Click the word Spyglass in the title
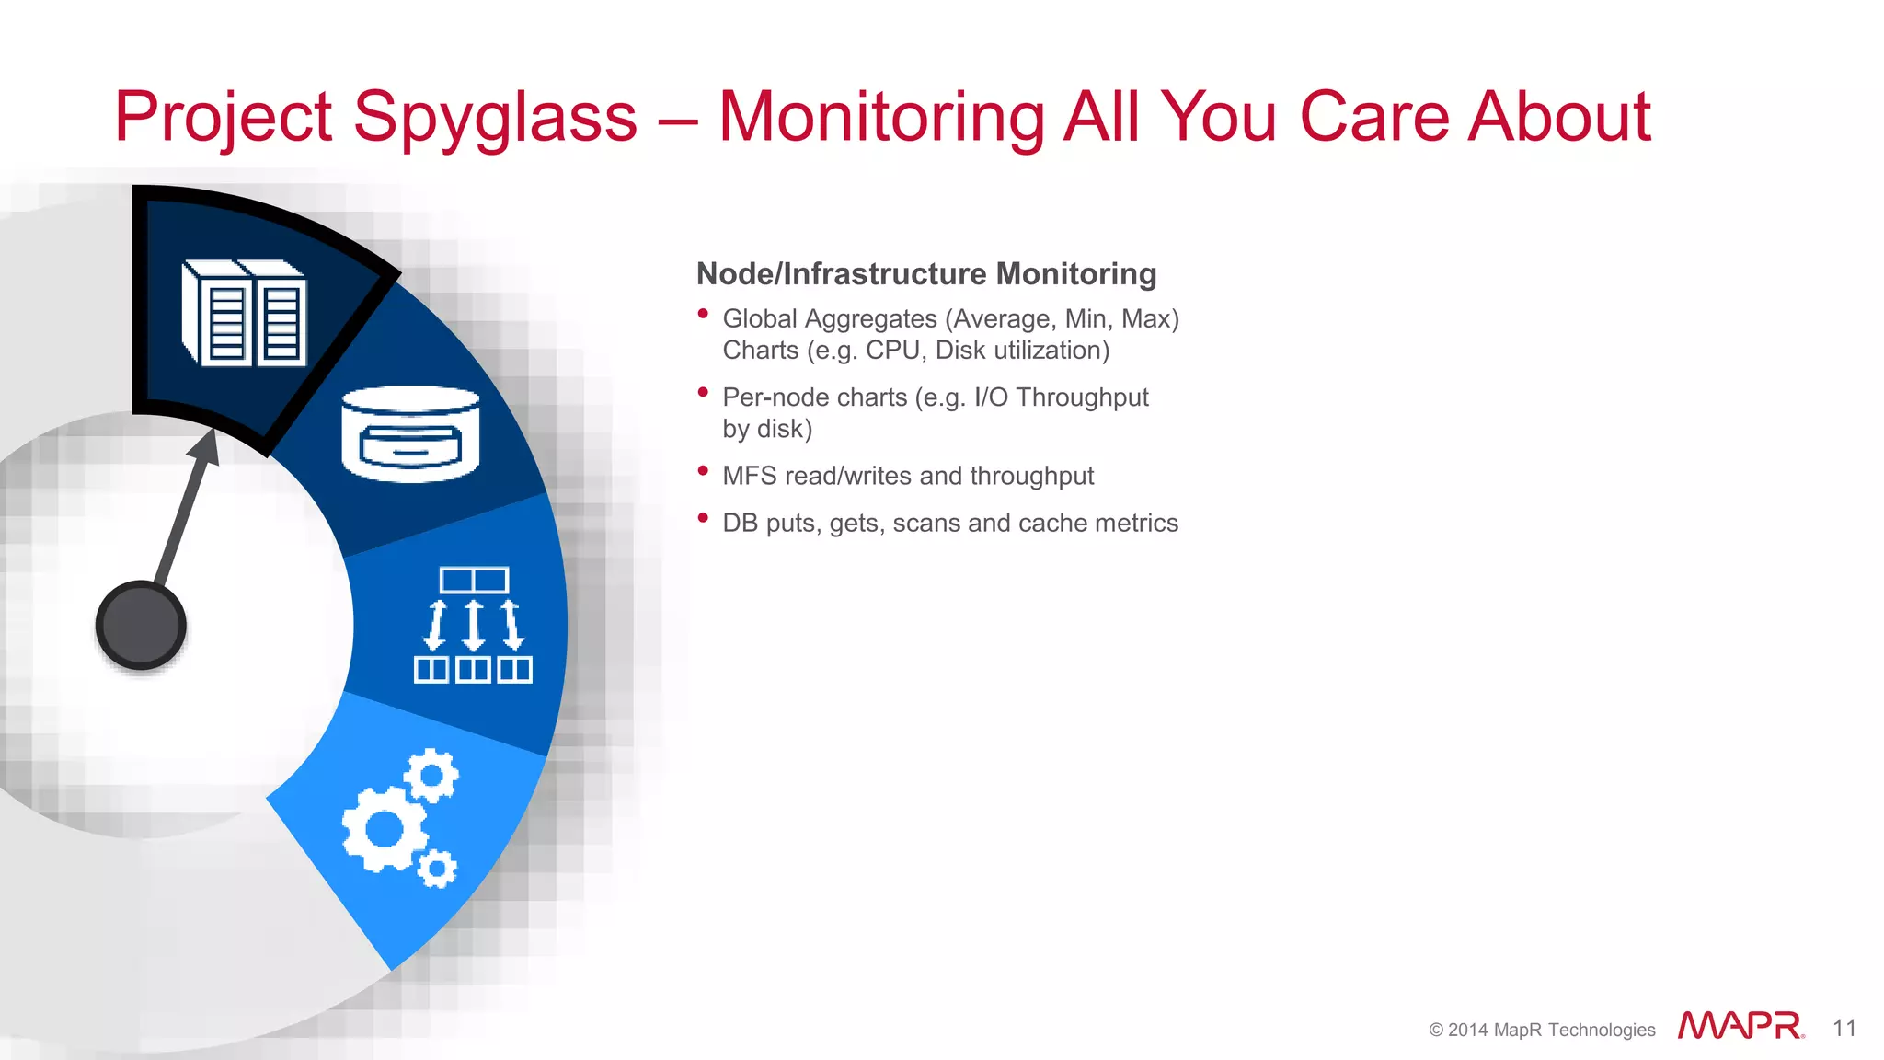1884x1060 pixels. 494,118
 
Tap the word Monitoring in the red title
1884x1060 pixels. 880,118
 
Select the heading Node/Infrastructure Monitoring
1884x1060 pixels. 925,274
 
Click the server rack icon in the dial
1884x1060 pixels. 245,313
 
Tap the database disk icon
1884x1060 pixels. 410,433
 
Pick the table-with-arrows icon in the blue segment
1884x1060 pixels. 473,625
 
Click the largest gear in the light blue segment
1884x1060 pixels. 384,829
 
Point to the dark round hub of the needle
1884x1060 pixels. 141,625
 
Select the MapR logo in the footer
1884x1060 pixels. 1740,1026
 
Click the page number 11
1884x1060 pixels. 1844,1028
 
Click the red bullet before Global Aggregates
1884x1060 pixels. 703,314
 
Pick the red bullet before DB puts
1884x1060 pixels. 703,518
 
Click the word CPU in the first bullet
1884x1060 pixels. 891,351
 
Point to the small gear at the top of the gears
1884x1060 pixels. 431,776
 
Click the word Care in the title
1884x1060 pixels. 1374,118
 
